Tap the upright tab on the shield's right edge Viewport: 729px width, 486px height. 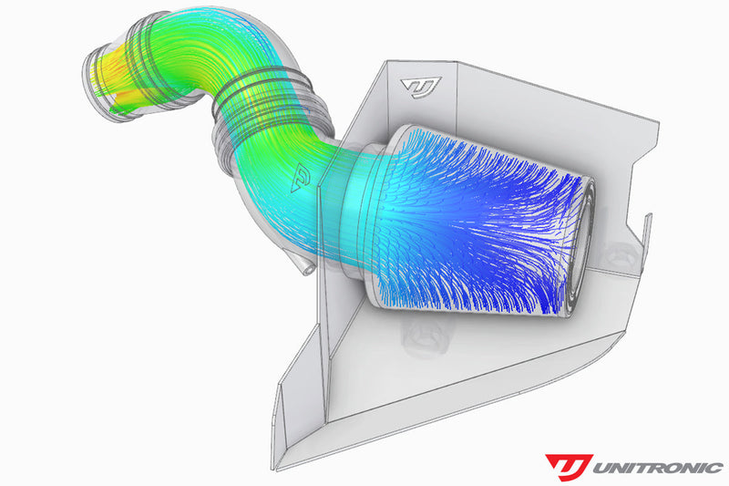[650, 227]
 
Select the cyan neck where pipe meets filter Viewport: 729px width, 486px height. [351, 201]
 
